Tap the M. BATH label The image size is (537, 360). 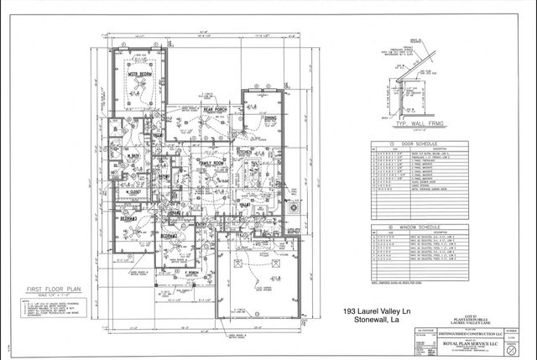pos(133,155)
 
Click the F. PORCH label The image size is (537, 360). pos(191,272)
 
